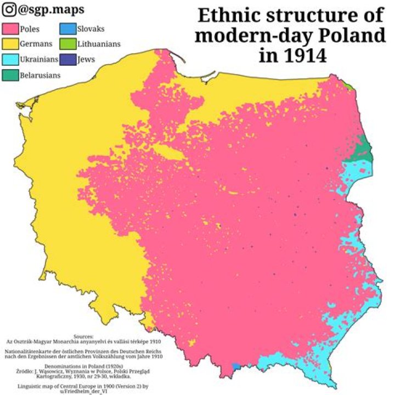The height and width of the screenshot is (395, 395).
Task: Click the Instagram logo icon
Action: (x=8, y=9)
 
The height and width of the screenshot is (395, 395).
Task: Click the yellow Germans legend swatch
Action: (x=10, y=43)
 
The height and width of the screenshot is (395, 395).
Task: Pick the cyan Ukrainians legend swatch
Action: (x=10, y=59)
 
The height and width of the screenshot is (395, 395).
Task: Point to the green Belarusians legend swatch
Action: (x=10, y=75)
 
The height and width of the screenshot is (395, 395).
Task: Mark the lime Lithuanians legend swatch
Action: (x=69, y=43)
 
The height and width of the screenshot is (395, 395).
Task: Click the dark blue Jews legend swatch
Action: (x=69, y=59)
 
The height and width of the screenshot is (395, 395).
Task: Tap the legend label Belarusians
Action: (x=40, y=75)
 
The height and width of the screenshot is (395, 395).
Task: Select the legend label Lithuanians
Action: (x=99, y=43)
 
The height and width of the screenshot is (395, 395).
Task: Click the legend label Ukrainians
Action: (x=38, y=59)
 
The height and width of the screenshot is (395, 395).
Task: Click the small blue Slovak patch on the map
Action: (x=236, y=366)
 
